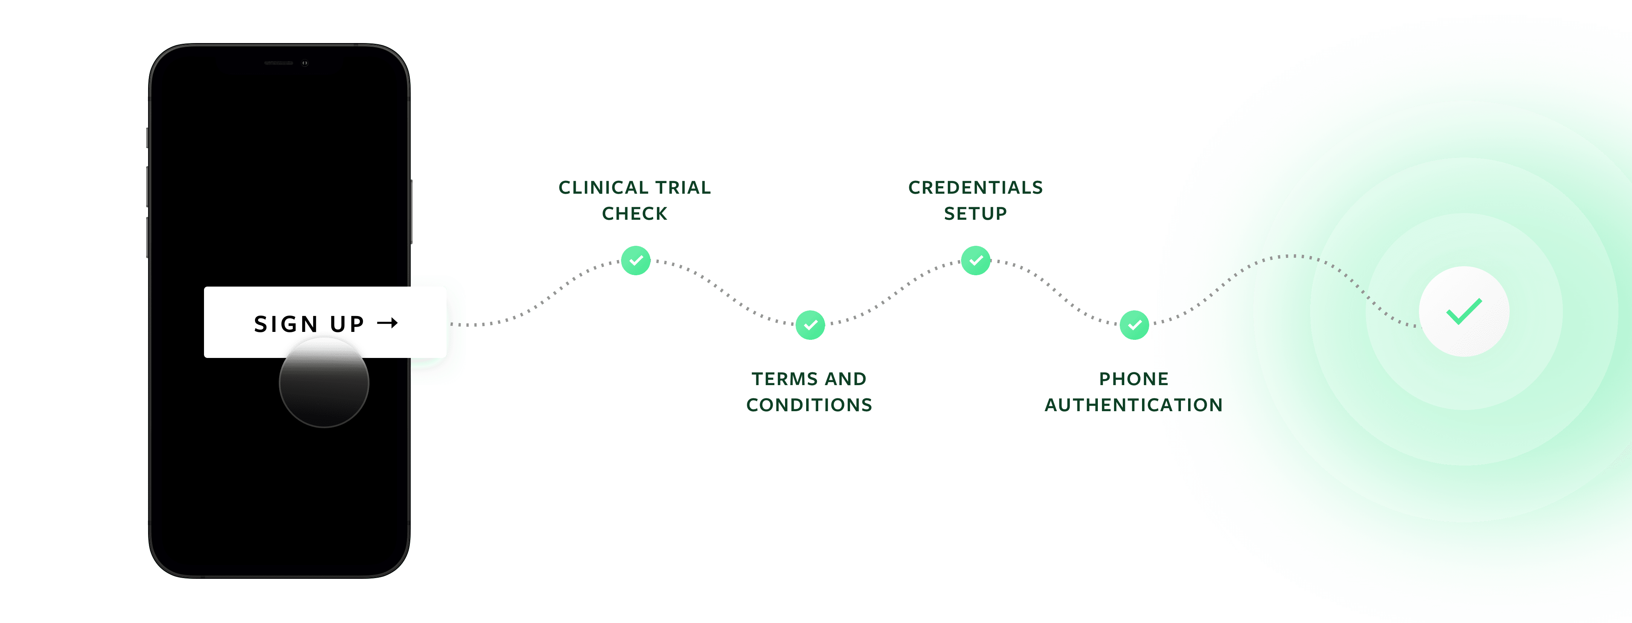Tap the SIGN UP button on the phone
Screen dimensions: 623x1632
tap(325, 322)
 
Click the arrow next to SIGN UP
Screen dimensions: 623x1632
tap(387, 323)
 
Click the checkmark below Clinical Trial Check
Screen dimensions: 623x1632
tap(635, 260)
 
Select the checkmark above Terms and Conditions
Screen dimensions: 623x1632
tap(810, 325)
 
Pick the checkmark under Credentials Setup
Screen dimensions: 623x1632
tap(976, 260)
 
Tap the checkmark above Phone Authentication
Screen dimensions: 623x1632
tap(1134, 325)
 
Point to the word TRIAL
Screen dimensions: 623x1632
tap(683, 187)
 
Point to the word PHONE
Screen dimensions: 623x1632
tap(1133, 379)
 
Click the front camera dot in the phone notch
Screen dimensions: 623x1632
tap(305, 63)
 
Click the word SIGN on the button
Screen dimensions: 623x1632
tap(286, 324)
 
